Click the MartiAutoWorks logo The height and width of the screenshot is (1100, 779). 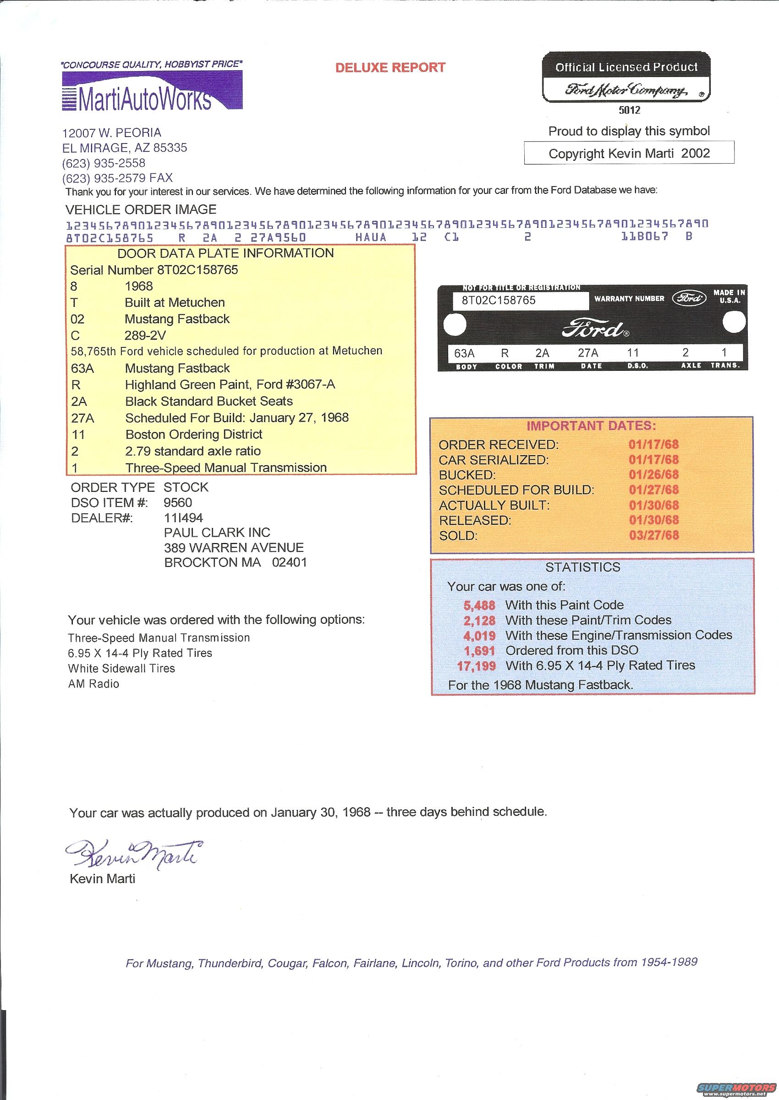coord(152,91)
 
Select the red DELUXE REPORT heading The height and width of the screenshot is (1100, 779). coord(390,68)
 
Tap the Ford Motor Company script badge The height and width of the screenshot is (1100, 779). coord(626,90)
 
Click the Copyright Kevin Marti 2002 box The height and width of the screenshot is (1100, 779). coord(628,153)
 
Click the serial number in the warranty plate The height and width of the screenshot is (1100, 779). coord(498,300)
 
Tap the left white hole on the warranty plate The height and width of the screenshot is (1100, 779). coord(454,325)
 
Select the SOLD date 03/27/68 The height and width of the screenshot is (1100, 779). coord(653,535)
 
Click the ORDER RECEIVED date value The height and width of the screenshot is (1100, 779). coord(653,444)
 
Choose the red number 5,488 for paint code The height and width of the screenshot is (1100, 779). coord(479,605)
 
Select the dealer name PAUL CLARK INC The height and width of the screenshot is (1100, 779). coord(217,533)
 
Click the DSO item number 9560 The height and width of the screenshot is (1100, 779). coord(177,503)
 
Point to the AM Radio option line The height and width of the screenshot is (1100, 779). coord(93,683)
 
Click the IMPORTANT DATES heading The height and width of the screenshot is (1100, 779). coord(591,426)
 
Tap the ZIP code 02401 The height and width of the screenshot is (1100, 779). coord(289,562)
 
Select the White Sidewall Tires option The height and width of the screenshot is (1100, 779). coord(121,668)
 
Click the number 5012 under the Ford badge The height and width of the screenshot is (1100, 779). coord(629,110)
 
